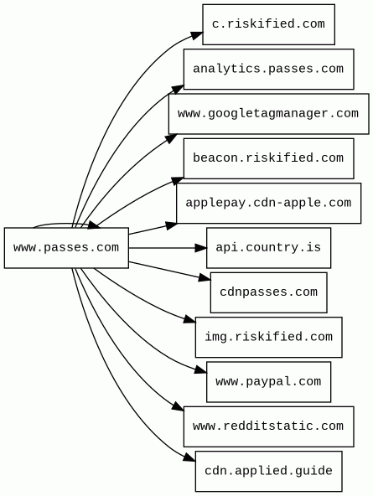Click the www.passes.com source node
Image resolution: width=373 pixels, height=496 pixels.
(x=66, y=248)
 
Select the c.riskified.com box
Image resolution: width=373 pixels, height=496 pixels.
(x=268, y=24)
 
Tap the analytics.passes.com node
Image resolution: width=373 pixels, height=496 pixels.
(x=268, y=69)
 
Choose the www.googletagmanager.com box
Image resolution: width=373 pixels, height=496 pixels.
(x=268, y=114)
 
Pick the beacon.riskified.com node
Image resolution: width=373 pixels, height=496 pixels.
(x=268, y=158)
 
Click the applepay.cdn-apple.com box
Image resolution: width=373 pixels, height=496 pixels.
(x=268, y=203)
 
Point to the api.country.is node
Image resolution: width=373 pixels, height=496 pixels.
(x=268, y=248)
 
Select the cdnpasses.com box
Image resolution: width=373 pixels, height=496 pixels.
(x=268, y=292)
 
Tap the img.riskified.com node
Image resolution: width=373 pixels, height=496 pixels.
(x=268, y=337)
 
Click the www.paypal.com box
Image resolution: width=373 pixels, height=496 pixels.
(x=268, y=382)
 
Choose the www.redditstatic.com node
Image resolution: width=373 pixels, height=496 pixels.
(x=268, y=426)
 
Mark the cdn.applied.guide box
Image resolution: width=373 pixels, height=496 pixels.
(x=268, y=472)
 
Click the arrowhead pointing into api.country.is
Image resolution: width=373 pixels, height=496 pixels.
(x=201, y=248)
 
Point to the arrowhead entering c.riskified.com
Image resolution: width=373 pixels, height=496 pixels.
(x=197, y=35)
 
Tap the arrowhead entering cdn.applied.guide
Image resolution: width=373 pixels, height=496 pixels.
(x=189, y=457)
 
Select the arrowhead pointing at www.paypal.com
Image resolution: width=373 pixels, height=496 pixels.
(x=200, y=369)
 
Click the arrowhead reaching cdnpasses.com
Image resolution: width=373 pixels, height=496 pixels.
(x=205, y=278)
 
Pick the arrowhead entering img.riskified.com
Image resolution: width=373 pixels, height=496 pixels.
(x=189, y=319)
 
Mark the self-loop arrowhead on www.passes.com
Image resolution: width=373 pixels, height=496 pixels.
(x=94, y=225)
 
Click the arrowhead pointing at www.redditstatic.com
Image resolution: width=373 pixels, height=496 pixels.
(x=178, y=406)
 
